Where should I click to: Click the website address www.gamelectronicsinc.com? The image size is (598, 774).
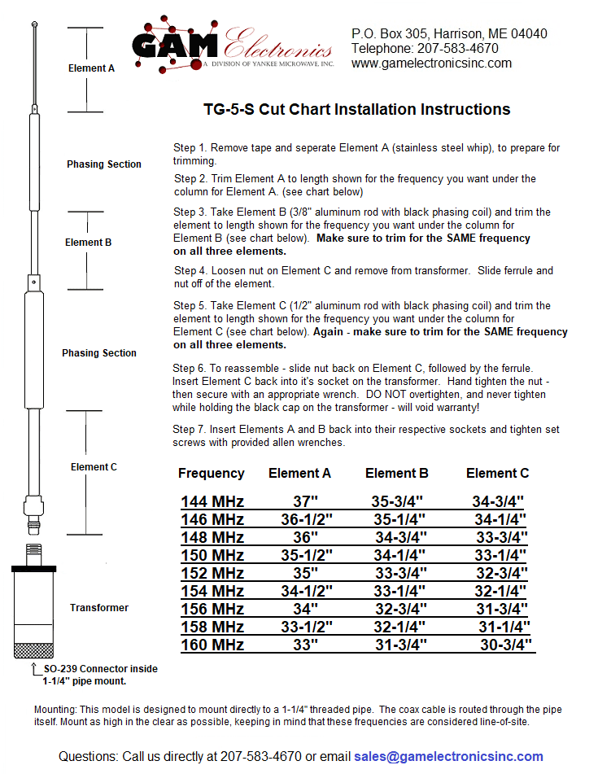(x=431, y=63)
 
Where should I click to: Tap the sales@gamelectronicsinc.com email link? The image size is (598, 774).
(x=448, y=757)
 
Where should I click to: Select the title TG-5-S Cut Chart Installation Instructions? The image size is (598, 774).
(x=356, y=110)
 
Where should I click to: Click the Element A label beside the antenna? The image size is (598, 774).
(x=91, y=69)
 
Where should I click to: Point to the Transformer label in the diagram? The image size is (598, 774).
(x=98, y=608)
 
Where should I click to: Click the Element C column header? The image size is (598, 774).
(x=497, y=473)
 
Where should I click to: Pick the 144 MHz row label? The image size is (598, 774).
(x=212, y=501)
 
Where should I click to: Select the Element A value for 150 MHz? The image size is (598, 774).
(x=307, y=556)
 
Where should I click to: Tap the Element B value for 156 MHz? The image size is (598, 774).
(x=400, y=610)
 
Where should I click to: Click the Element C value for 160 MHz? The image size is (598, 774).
(x=505, y=645)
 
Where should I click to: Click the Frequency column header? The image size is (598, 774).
(x=211, y=473)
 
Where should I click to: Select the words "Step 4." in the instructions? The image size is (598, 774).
(x=190, y=270)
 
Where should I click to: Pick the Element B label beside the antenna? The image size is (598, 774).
(x=88, y=243)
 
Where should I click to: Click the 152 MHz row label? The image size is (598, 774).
(x=212, y=574)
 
